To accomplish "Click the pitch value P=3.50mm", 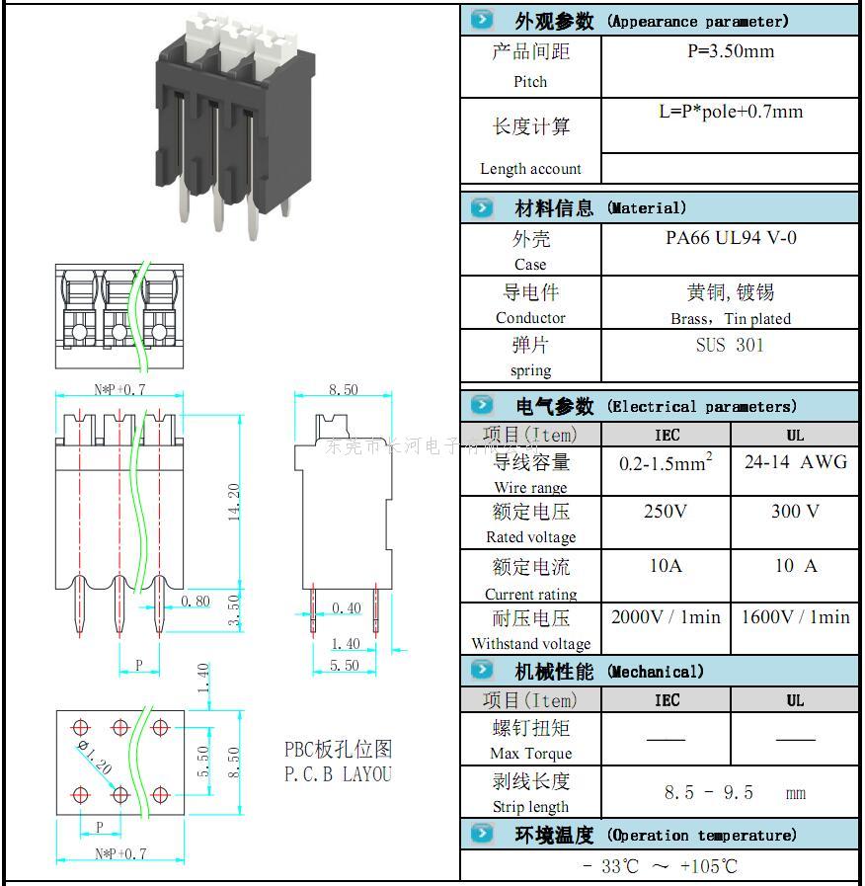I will pyautogui.click(x=730, y=51).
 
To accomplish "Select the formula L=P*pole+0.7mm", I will pyautogui.click(x=731, y=112).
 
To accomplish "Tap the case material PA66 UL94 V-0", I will pyautogui.click(x=731, y=238).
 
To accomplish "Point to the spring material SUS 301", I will pyautogui.click(x=730, y=346).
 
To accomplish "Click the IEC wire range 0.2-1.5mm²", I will pyautogui.click(x=666, y=462).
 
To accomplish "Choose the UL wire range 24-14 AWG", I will pyautogui.click(x=795, y=462).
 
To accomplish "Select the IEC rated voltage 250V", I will pyautogui.click(x=666, y=512).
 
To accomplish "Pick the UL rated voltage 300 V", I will pyautogui.click(x=795, y=512).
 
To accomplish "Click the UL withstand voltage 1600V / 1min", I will pyautogui.click(x=795, y=617).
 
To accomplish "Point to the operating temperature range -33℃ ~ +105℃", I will pyautogui.click(x=660, y=867).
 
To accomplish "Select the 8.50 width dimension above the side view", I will pyautogui.click(x=343, y=390).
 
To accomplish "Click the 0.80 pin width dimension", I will pyautogui.click(x=196, y=601).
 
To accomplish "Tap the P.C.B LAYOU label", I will pyautogui.click(x=338, y=774).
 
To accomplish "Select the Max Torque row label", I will pyautogui.click(x=530, y=754).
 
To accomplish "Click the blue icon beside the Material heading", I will pyautogui.click(x=482, y=208).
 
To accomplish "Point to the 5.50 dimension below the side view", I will pyautogui.click(x=344, y=666).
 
